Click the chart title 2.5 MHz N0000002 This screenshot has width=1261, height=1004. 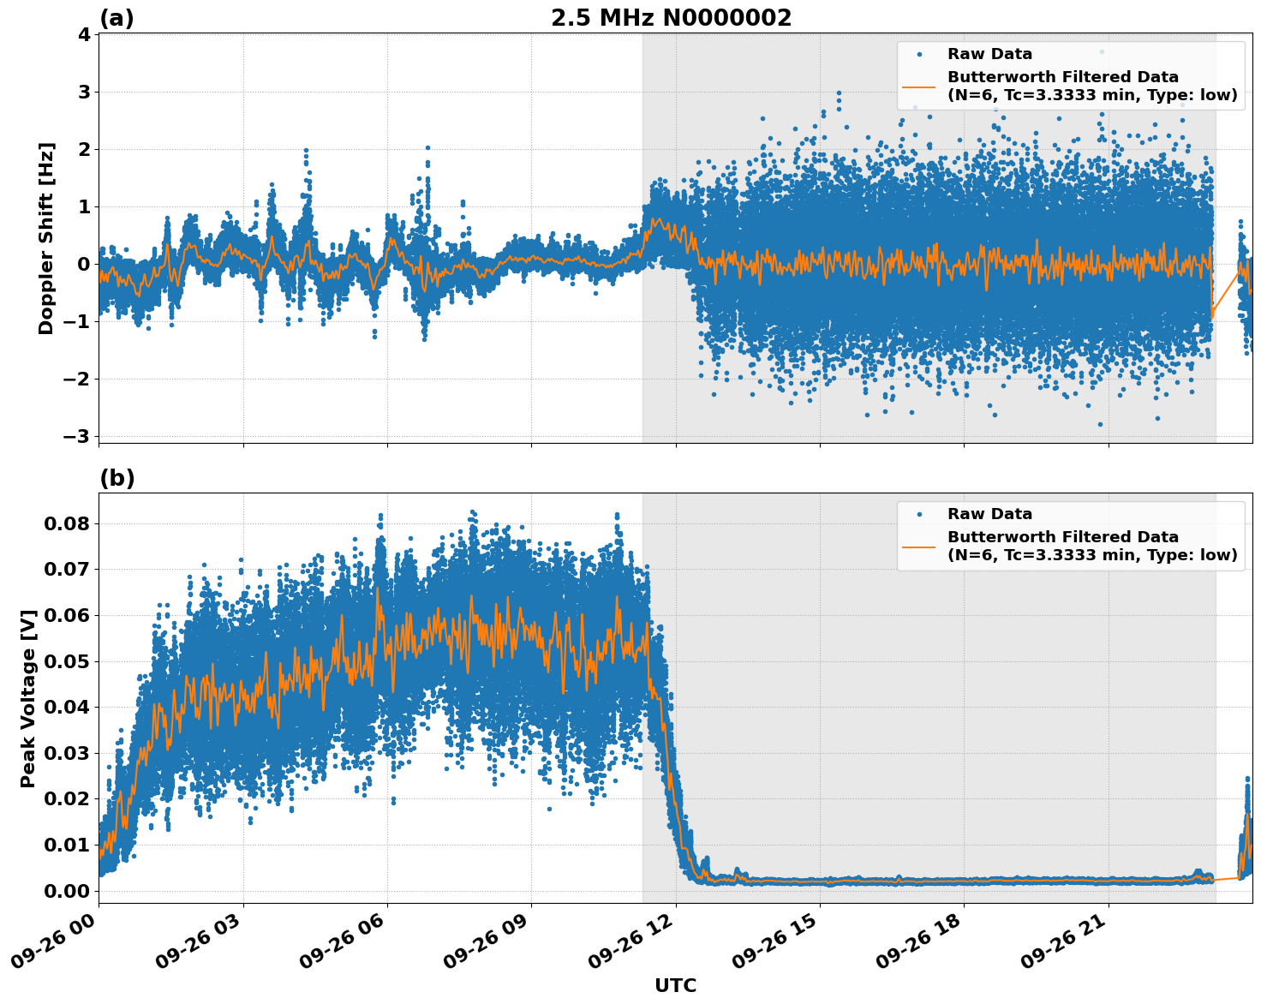click(671, 18)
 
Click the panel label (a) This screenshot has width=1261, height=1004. click(117, 18)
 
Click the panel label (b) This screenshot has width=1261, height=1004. click(117, 478)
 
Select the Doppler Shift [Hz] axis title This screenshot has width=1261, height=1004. click(46, 238)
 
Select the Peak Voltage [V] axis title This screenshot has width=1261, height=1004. click(28, 698)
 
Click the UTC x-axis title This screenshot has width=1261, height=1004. click(675, 985)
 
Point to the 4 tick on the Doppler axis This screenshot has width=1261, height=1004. click(84, 34)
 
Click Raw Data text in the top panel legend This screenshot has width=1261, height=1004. click(989, 54)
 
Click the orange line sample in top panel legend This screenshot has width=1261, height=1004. click(918, 86)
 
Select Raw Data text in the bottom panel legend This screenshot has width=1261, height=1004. click(989, 514)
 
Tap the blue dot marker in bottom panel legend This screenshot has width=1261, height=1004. click(918, 514)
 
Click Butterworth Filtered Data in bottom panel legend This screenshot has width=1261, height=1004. click(1062, 537)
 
